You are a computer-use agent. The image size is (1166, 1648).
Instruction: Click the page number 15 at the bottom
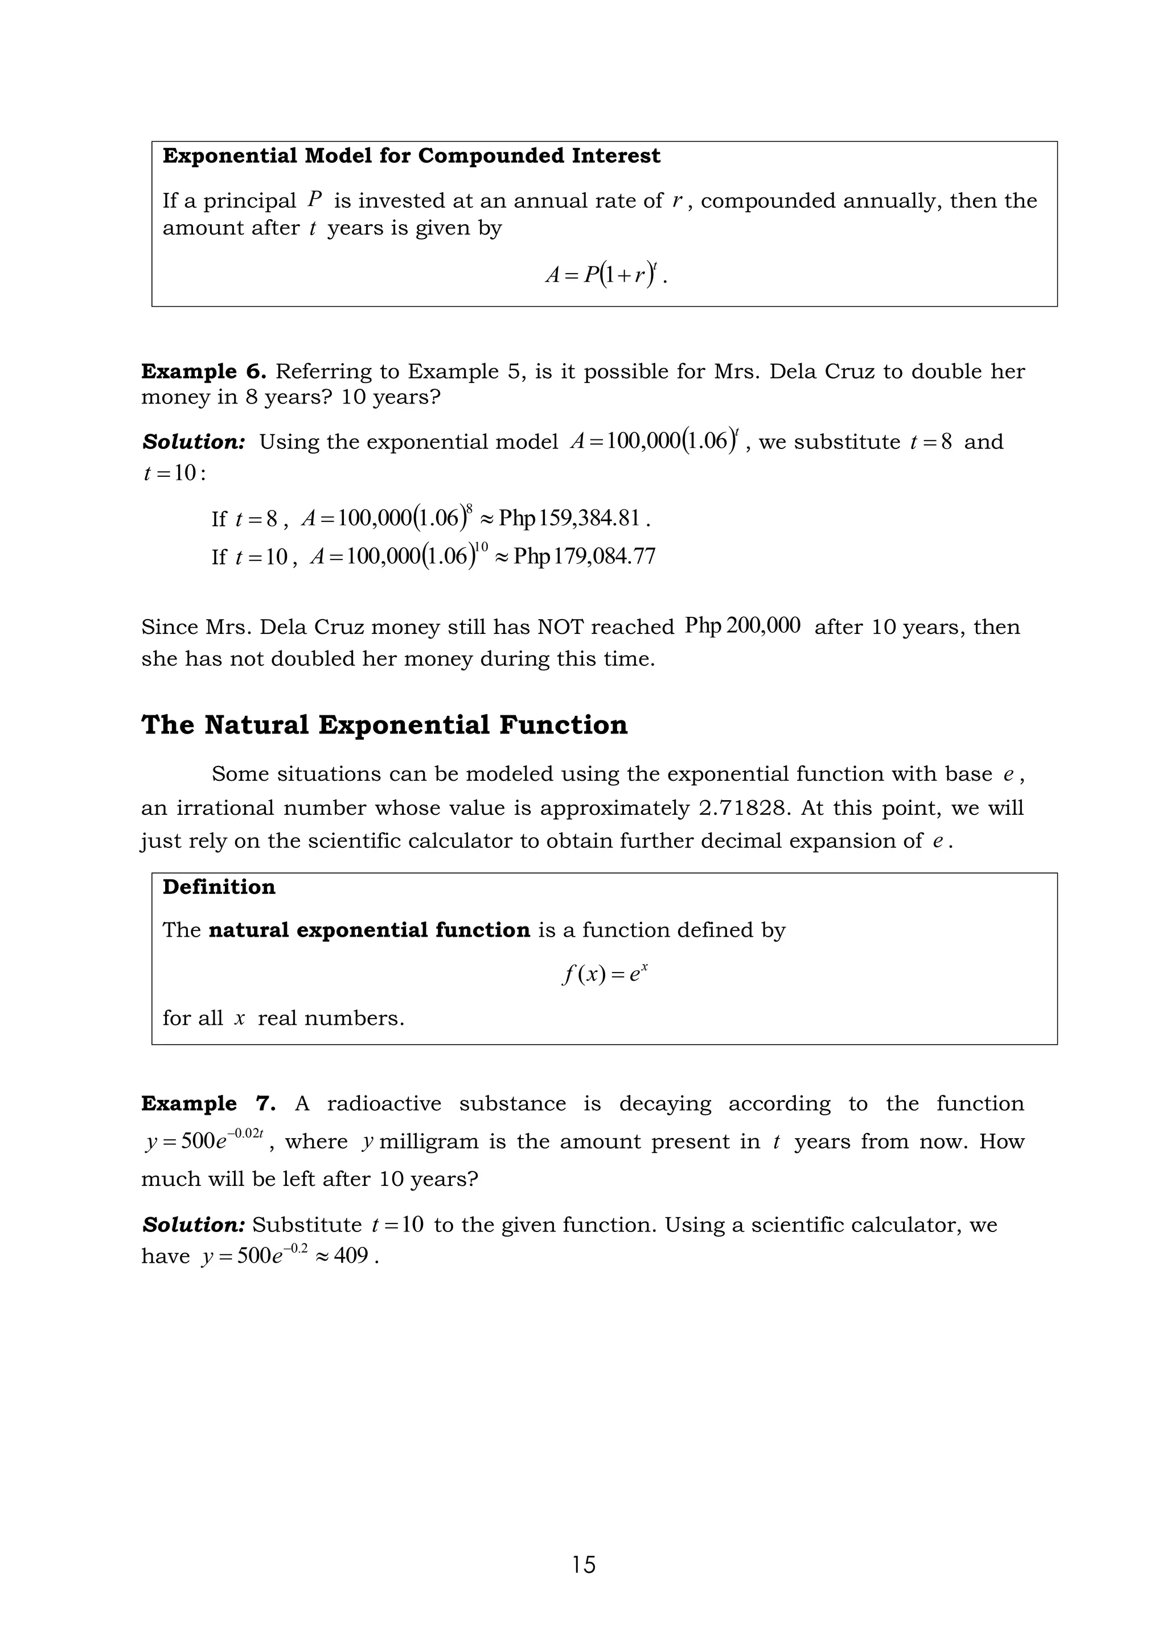(x=584, y=1564)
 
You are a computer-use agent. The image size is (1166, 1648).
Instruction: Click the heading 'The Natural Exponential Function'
(x=384, y=725)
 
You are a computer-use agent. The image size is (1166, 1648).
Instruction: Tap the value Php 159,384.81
(x=569, y=518)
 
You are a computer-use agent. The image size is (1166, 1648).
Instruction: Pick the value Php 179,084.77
(x=584, y=557)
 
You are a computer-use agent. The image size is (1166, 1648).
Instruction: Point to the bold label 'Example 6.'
(x=204, y=372)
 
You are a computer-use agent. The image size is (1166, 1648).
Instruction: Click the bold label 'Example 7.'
(x=209, y=1103)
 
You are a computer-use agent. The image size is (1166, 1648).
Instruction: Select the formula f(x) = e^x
(x=605, y=974)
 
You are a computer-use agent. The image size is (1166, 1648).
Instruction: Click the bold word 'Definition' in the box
(x=219, y=887)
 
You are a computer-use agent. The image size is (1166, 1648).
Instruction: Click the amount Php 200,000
(x=742, y=626)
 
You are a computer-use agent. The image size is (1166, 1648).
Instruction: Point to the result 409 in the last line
(x=351, y=1256)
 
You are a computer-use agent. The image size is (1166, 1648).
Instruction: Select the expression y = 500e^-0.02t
(x=204, y=1140)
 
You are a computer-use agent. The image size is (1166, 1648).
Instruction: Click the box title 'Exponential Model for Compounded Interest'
(x=412, y=156)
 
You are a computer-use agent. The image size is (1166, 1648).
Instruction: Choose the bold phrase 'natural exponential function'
(x=369, y=930)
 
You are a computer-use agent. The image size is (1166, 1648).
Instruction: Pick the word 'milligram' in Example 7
(x=429, y=1142)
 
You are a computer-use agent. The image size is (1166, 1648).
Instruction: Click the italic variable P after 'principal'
(x=314, y=200)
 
